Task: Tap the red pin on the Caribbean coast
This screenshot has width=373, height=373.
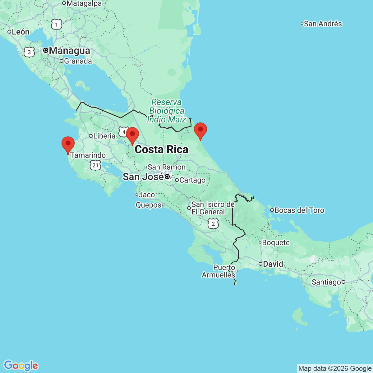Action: (x=200, y=130)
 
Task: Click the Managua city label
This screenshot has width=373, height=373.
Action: (x=69, y=50)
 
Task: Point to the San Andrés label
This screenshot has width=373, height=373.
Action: (x=323, y=24)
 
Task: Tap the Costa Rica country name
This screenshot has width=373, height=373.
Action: (x=161, y=150)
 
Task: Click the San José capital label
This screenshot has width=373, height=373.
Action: (x=143, y=177)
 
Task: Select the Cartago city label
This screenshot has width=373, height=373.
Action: (x=192, y=180)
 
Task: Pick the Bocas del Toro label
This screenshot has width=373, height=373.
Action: (x=299, y=210)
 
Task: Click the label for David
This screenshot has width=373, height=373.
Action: (x=273, y=264)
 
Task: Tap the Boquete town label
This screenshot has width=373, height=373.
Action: (x=276, y=242)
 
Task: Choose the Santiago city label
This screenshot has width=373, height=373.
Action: (x=326, y=282)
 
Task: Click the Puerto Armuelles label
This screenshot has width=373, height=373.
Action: (x=219, y=271)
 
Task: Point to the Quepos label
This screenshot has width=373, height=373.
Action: (x=148, y=205)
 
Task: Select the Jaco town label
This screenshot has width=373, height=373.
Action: (x=147, y=195)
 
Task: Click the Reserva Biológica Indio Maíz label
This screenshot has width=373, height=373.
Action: (x=167, y=111)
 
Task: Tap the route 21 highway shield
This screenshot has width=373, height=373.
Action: (x=95, y=165)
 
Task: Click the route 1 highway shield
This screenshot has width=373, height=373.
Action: (x=57, y=24)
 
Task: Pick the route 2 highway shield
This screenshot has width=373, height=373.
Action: (x=213, y=223)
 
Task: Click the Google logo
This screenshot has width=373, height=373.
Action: (x=21, y=366)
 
